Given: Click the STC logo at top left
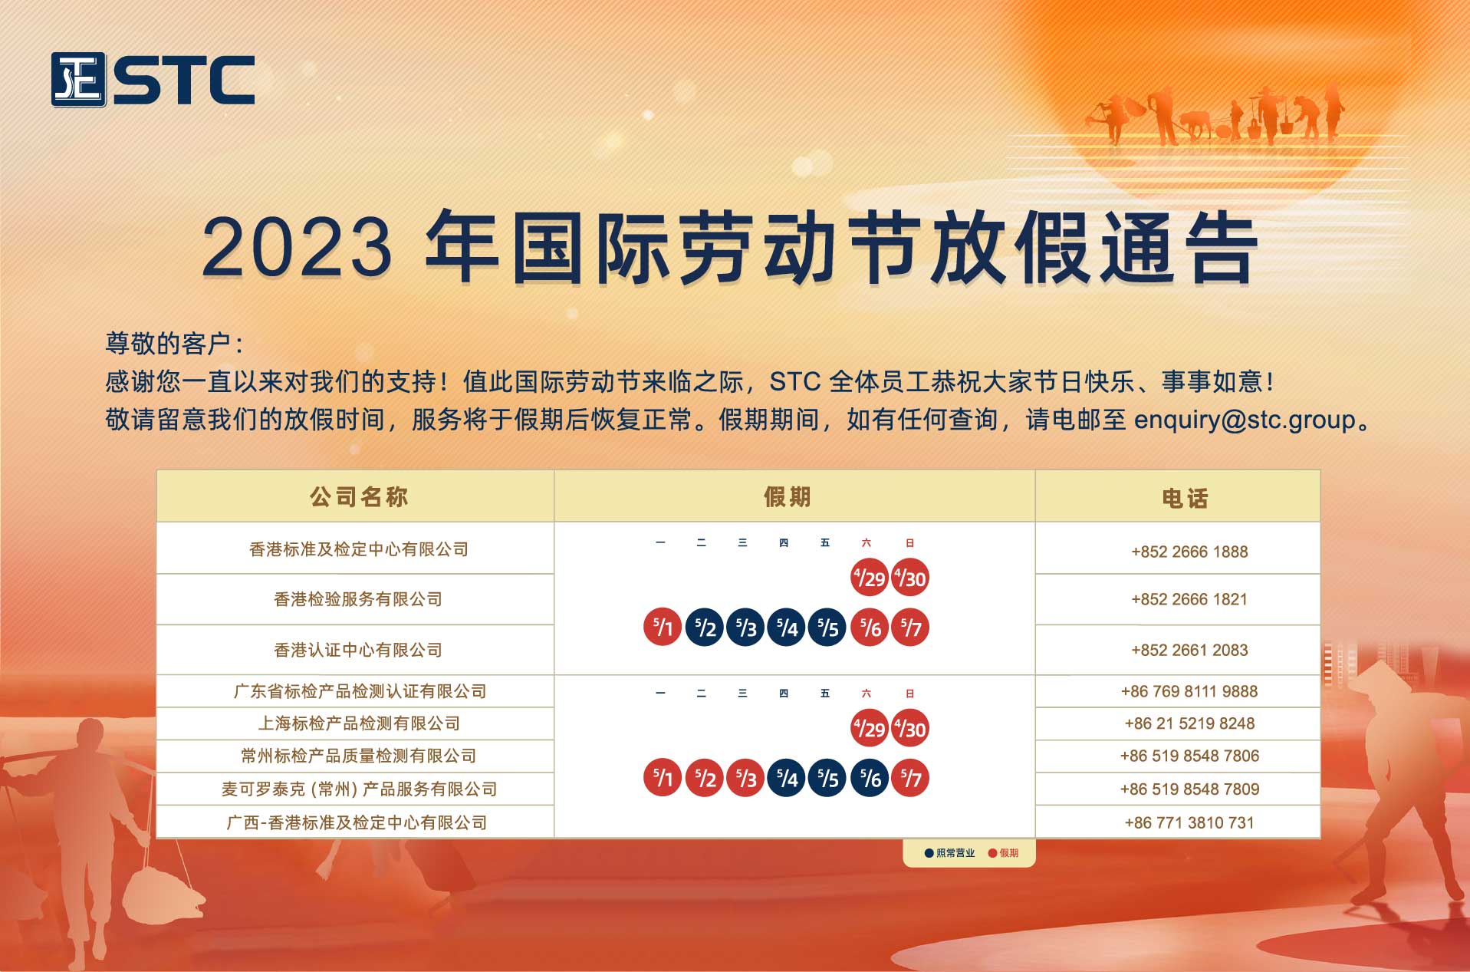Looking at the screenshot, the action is pyautogui.click(x=153, y=80).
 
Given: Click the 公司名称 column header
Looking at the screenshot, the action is pyautogui.click(x=359, y=497).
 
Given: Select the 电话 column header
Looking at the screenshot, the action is pyautogui.click(x=1186, y=499).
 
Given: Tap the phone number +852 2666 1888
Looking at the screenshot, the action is pyautogui.click(x=1189, y=552).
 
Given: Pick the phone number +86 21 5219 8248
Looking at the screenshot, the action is pyautogui.click(x=1189, y=723).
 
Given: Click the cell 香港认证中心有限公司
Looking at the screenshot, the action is pyautogui.click(x=358, y=651).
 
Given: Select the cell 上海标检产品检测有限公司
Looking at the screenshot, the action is pyautogui.click(x=359, y=723).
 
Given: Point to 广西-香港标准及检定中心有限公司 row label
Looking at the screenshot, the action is pyautogui.click(x=357, y=823).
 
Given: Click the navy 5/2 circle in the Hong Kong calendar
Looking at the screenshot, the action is pyautogui.click(x=704, y=628).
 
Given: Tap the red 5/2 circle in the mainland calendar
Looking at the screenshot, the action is pyautogui.click(x=704, y=778).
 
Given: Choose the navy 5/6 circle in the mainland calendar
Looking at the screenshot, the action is pyautogui.click(x=870, y=778).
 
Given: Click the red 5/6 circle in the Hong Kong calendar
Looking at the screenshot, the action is pyautogui.click(x=870, y=628).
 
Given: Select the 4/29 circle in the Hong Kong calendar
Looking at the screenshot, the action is pyautogui.click(x=870, y=578).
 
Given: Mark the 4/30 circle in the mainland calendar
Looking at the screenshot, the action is pyautogui.click(x=910, y=728).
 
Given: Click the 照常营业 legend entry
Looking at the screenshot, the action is pyautogui.click(x=950, y=853).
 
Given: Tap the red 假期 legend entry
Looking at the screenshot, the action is pyautogui.click(x=1004, y=853).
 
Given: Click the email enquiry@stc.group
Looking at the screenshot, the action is pyautogui.click(x=1245, y=420).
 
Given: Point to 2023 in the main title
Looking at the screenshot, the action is pyautogui.click(x=297, y=247).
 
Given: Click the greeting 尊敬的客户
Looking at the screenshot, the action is pyautogui.click(x=168, y=344).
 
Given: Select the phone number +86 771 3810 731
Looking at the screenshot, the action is pyautogui.click(x=1189, y=823).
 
